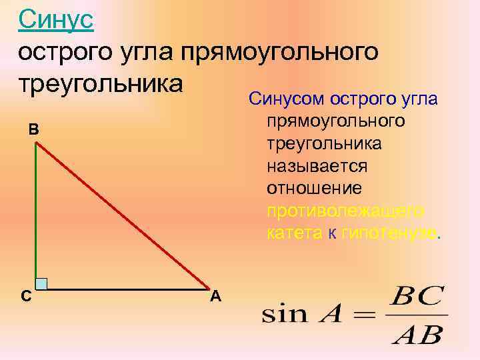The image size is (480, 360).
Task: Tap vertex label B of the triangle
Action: [33, 130]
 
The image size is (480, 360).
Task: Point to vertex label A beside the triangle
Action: [215, 297]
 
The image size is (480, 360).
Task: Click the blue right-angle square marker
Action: [41, 283]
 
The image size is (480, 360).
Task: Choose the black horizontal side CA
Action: [127, 289]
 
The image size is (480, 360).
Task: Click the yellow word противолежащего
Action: [345, 211]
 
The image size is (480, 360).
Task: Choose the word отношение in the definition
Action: [314, 189]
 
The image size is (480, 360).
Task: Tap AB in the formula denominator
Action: [417, 333]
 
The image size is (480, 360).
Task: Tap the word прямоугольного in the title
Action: [289, 51]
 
